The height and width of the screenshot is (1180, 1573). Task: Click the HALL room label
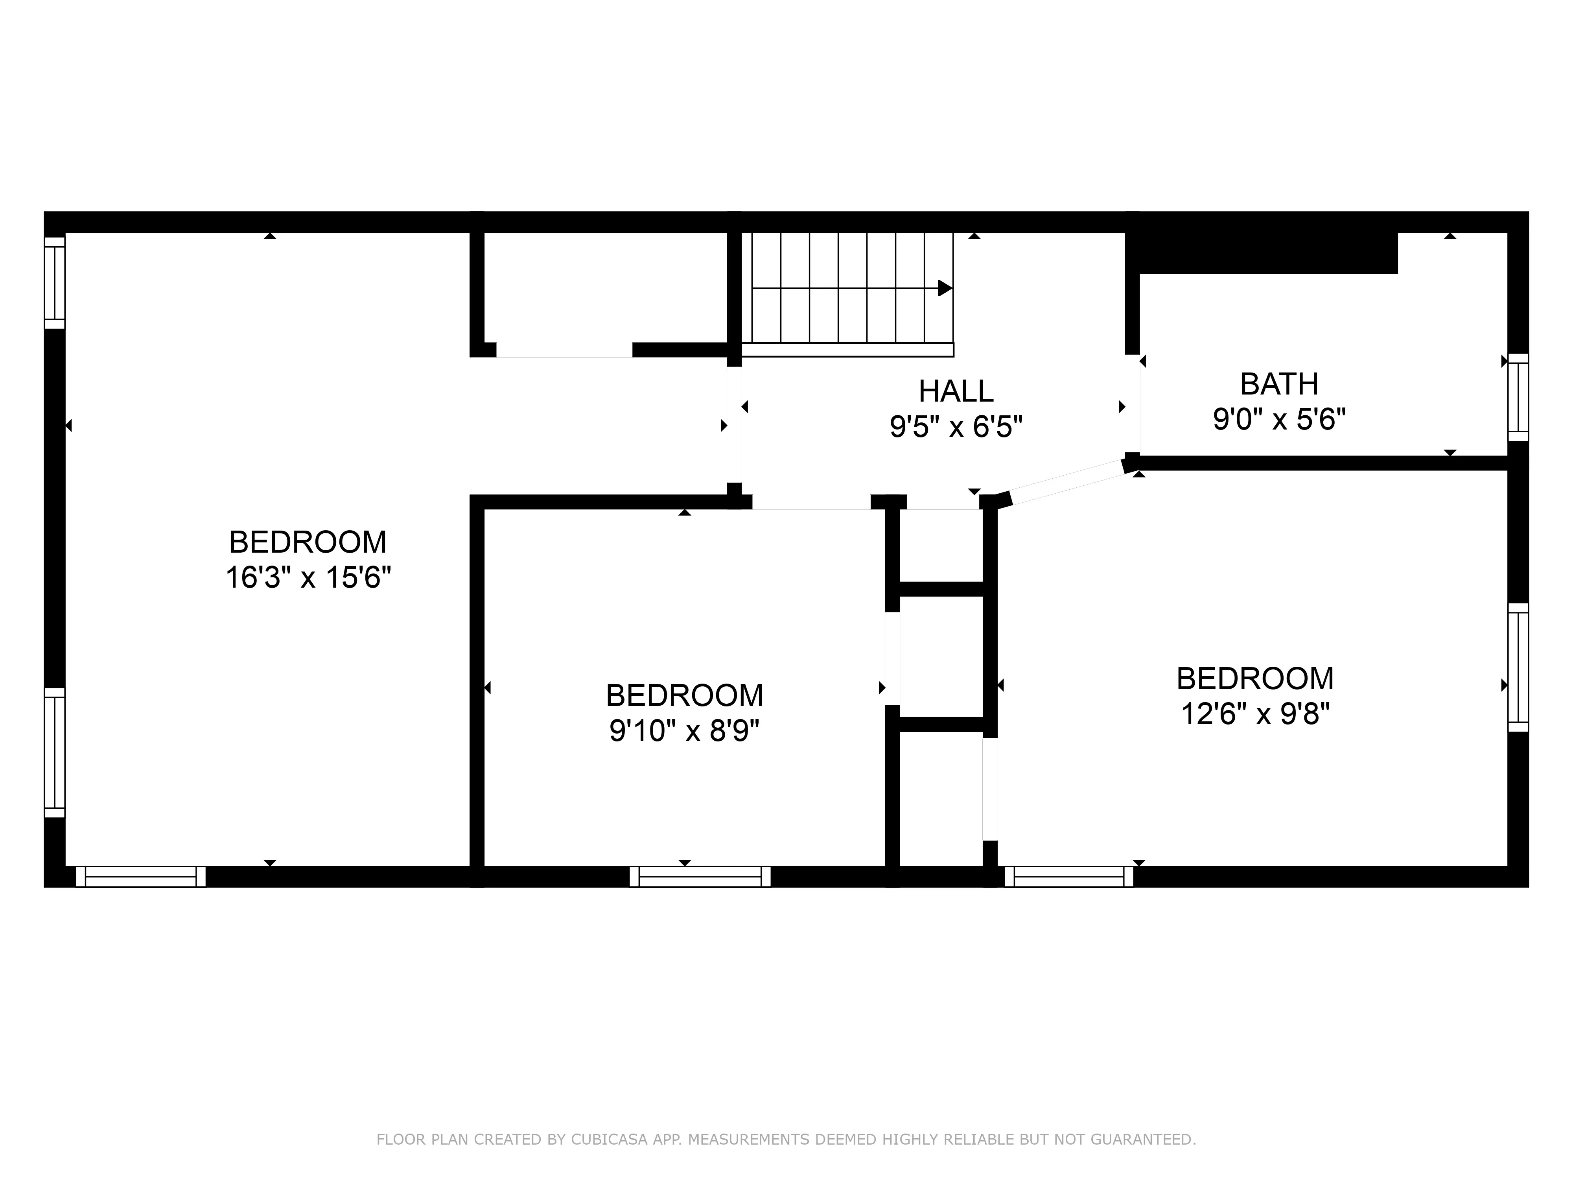click(956, 391)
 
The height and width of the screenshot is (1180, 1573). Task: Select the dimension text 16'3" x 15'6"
click(308, 577)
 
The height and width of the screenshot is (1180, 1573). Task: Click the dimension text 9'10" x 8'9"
click(684, 730)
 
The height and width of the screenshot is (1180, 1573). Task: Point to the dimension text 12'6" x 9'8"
click(1255, 714)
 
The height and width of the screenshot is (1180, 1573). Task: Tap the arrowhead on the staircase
click(944, 288)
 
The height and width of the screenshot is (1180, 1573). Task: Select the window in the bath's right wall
click(1518, 397)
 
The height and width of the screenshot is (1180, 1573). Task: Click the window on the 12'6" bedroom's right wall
click(1518, 667)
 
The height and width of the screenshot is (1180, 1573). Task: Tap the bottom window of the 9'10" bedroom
click(700, 876)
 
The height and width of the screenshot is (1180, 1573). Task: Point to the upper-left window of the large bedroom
click(55, 282)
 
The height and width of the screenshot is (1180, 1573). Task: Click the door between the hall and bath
click(1131, 403)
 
